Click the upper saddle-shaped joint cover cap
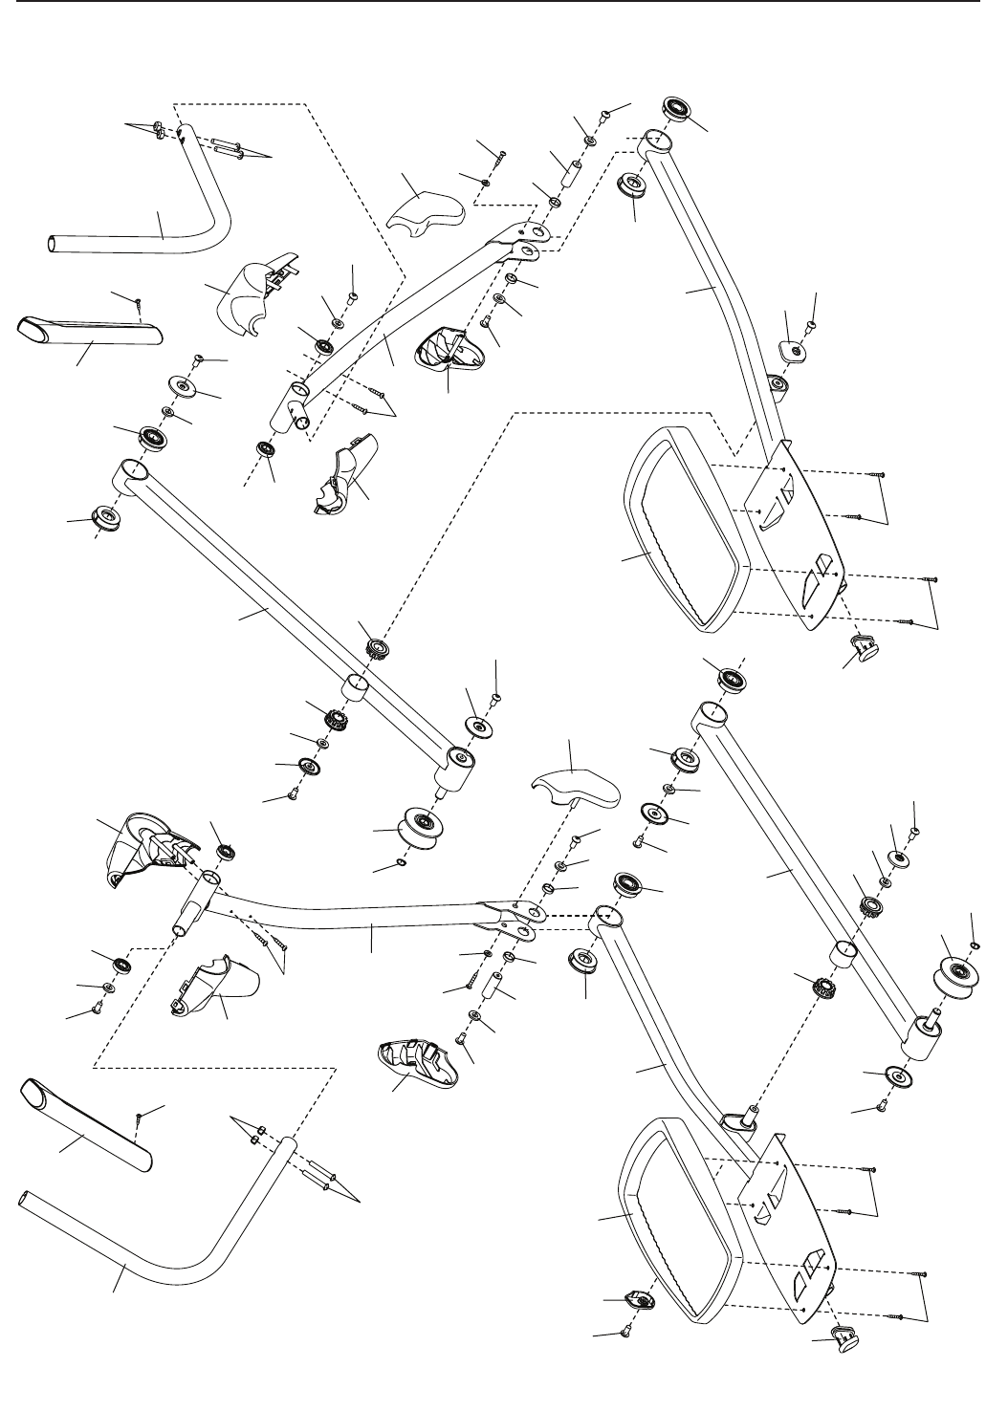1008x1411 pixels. point(425,210)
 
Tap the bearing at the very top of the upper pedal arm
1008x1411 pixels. point(680,107)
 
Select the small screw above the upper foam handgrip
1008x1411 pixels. point(139,303)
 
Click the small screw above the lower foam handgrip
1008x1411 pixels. point(141,1116)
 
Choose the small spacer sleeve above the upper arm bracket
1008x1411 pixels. point(575,178)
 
